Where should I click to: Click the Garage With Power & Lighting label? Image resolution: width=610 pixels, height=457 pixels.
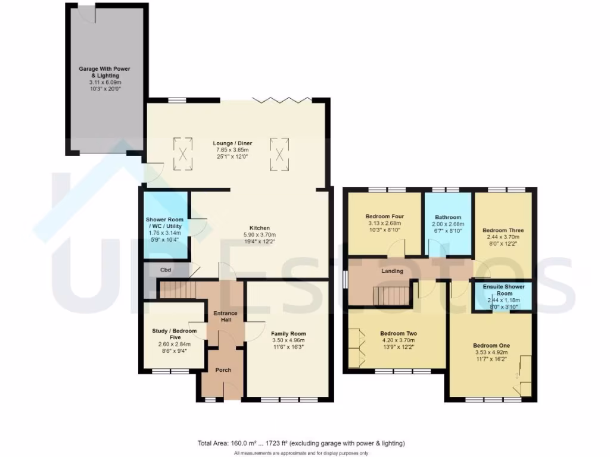(x=104, y=72)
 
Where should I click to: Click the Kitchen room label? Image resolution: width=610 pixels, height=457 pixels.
(x=260, y=228)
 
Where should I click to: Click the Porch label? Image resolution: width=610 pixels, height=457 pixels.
(x=223, y=370)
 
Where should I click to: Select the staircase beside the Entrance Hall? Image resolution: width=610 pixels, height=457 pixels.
(x=179, y=290)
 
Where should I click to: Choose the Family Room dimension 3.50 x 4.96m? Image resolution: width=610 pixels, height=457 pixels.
(x=288, y=340)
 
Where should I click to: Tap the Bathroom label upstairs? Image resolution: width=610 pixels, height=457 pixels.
(x=448, y=217)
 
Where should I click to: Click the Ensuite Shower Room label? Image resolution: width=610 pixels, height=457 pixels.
(x=505, y=290)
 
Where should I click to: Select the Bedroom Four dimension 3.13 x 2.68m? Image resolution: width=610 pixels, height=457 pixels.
(x=386, y=223)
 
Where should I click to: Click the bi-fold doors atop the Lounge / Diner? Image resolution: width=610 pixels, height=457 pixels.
(x=279, y=99)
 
